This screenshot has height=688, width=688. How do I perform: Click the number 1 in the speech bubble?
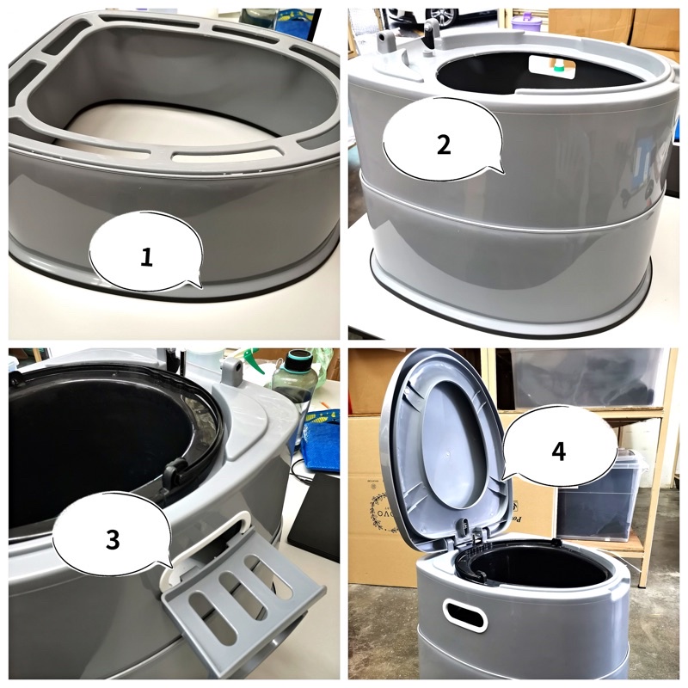(146, 256)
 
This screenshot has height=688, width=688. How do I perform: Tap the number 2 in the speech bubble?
(443, 144)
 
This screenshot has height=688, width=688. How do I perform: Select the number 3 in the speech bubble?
(113, 539)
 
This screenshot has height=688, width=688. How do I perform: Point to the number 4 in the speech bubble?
(558, 451)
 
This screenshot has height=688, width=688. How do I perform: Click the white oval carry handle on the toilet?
(464, 615)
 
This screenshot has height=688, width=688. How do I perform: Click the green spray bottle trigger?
(252, 359)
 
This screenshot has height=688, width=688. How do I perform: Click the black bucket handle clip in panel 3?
(175, 474)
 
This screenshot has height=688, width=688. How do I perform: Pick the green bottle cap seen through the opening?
(557, 68)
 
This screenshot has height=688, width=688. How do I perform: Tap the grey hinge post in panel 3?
(230, 372)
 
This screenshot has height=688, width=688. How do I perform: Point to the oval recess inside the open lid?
(457, 443)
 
